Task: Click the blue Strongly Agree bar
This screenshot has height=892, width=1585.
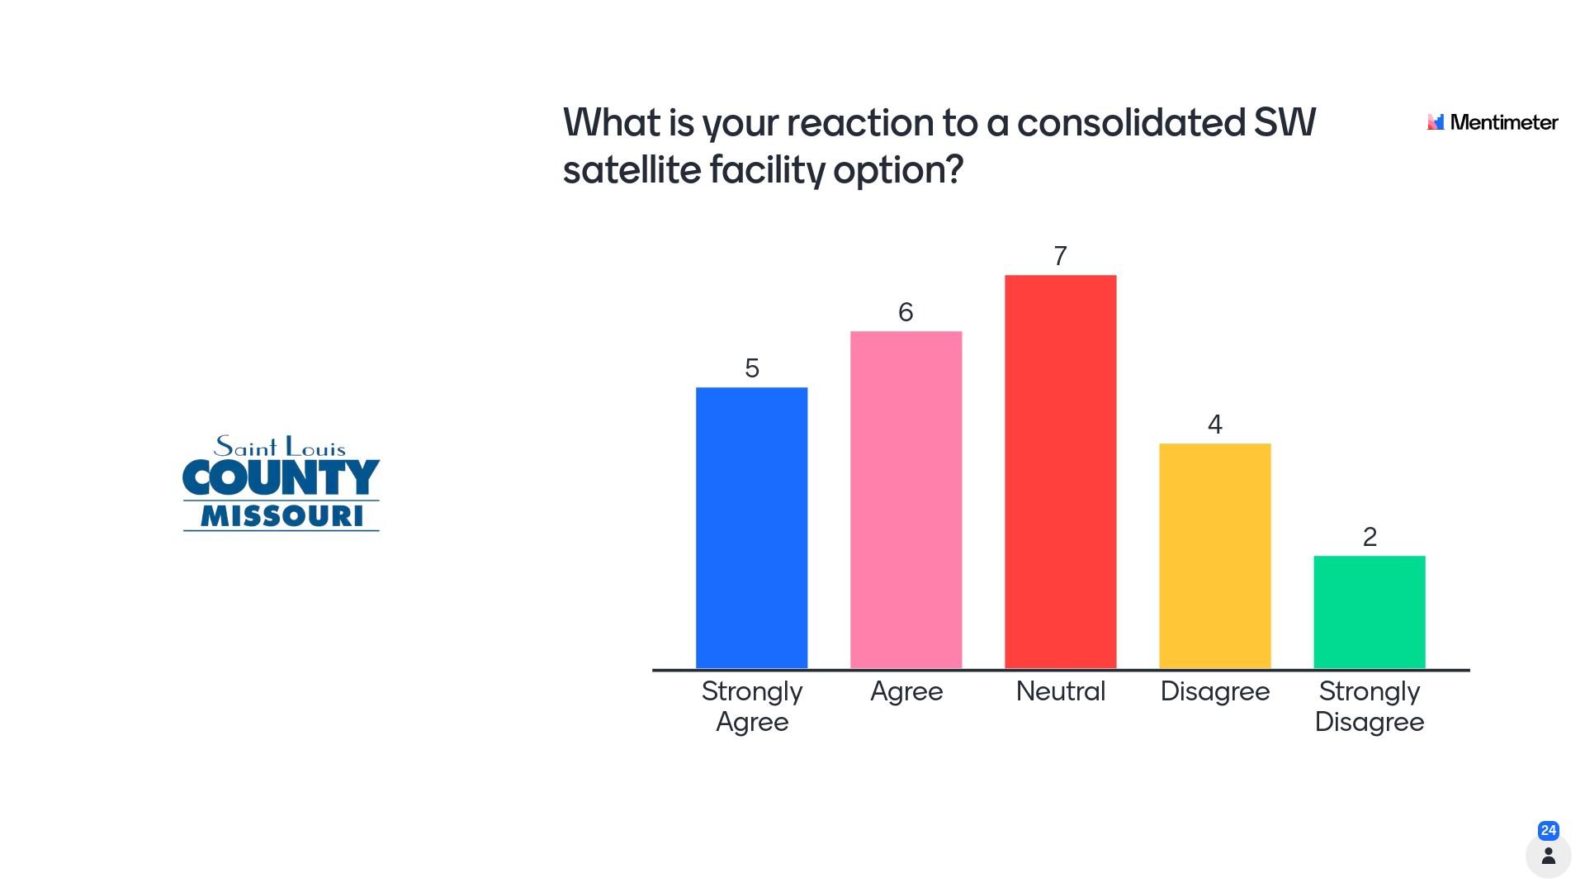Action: click(x=751, y=528)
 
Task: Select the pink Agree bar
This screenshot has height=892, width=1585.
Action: click(x=906, y=500)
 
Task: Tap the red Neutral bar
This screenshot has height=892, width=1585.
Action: click(x=1060, y=472)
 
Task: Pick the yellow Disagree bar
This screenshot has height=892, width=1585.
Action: click(x=1214, y=556)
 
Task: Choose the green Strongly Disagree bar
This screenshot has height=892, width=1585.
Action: click(x=1369, y=612)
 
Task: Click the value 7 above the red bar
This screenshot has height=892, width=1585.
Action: click(x=1060, y=256)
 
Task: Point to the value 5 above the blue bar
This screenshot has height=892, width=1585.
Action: click(x=751, y=368)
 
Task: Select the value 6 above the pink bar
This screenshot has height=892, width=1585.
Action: click(x=906, y=312)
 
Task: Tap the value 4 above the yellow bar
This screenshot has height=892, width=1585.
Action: click(x=1214, y=425)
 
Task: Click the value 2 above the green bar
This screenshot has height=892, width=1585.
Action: click(x=1370, y=537)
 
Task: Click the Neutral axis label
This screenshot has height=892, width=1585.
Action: click(x=1060, y=690)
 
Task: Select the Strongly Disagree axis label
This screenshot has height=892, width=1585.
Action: click(x=1369, y=706)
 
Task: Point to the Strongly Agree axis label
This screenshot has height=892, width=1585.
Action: click(x=751, y=706)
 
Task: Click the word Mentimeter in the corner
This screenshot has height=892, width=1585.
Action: click(x=1504, y=122)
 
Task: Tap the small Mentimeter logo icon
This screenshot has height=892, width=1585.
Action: click(x=1436, y=122)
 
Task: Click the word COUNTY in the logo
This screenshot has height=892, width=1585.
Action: click(x=281, y=477)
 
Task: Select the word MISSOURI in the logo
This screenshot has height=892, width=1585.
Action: click(x=282, y=516)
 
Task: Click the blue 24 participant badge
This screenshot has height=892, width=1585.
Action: click(x=1549, y=830)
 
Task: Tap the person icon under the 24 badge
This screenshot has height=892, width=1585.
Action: click(x=1549, y=856)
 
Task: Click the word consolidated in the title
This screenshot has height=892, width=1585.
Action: click(x=1131, y=123)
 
